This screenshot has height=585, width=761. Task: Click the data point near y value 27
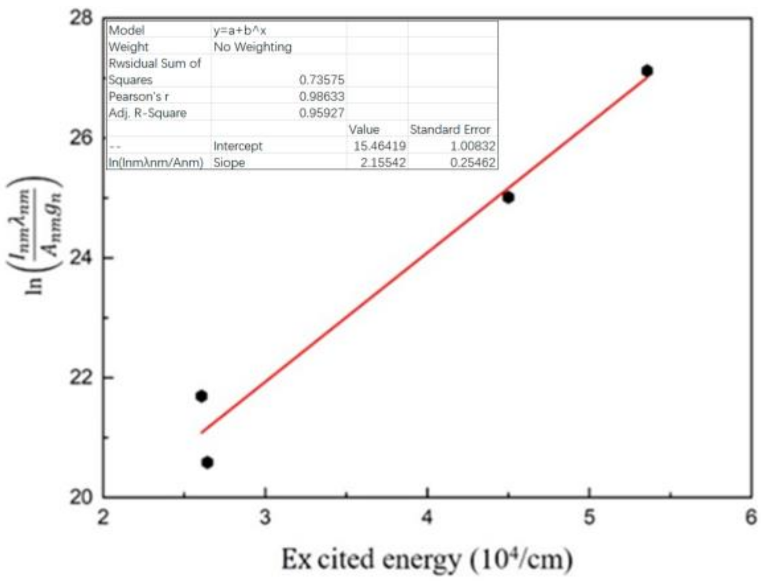tap(646, 71)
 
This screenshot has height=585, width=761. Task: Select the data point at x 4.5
tap(508, 197)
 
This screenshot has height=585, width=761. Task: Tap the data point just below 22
tap(201, 396)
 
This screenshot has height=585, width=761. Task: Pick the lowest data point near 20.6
tap(207, 463)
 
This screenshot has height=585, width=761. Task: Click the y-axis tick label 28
tap(81, 18)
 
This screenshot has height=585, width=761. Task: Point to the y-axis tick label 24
tap(81, 258)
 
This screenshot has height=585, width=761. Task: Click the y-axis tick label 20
tap(81, 497)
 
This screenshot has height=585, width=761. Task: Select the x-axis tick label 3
tap(265, 518)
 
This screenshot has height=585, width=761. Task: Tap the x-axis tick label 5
tap(589, 518)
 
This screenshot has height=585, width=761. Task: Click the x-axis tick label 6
tap(751, 518)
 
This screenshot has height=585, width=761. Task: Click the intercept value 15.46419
tap(380, 146)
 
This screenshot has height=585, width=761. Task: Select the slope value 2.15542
tap(383, 163)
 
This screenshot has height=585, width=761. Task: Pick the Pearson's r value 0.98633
tap(321, 96)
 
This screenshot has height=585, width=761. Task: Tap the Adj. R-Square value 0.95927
tap(321, 113)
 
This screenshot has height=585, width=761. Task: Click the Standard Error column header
tap(450, 129)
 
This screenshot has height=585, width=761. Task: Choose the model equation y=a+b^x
tap(240, 30)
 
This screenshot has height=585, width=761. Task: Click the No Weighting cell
tap(252, 47)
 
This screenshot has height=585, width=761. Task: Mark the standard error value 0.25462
tap(472, 163)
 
